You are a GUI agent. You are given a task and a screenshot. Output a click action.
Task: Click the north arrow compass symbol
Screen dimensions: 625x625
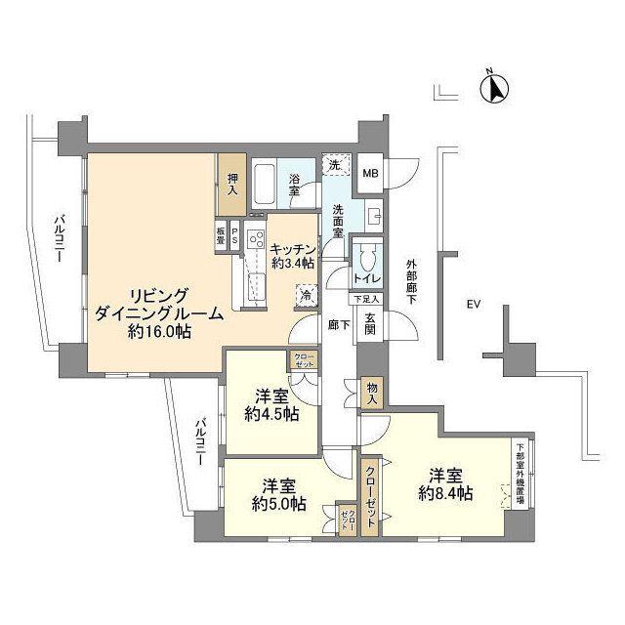[495, 89]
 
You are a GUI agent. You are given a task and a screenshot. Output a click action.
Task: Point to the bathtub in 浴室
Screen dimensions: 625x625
[266, 184]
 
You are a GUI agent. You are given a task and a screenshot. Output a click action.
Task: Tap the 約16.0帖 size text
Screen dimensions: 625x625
[157, 332]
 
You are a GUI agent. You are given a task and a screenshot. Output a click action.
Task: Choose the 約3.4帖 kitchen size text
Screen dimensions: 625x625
[292, 264]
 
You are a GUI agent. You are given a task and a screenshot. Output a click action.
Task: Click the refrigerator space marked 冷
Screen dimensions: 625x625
[307, 295]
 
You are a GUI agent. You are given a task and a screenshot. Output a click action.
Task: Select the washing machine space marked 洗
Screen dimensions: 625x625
[335, 167]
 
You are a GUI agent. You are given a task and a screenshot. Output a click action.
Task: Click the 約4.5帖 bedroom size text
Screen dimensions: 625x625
[270, 413]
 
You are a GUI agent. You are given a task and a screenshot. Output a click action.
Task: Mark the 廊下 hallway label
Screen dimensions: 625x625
[338, 325]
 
